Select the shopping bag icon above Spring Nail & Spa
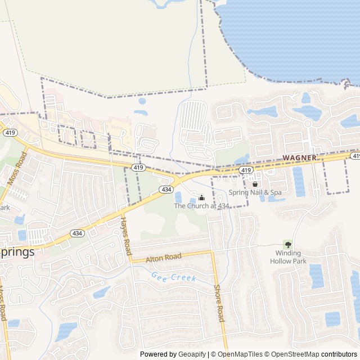click(x=255, y=183)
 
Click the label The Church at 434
click(x=201, y=206)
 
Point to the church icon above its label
click(x=201, y=197)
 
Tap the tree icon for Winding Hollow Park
click(x=289, y=245)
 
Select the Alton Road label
click(x=164, y=258)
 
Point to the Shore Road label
click(x=219, y=304)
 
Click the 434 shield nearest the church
click(x=166, y=190)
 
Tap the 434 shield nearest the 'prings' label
click(x=77, y=233)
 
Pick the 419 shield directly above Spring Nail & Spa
click(x=245, y=170)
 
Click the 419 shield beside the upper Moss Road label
click(x=10, y=133)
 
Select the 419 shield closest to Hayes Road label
click(x=139, y=168)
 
